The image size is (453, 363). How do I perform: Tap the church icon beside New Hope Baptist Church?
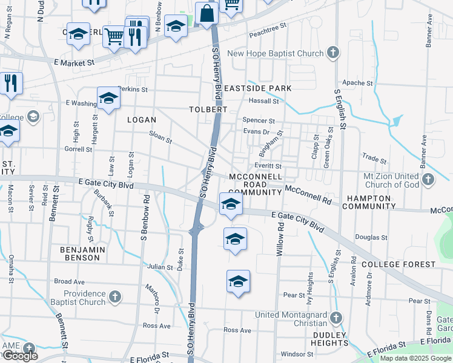click(332, 53)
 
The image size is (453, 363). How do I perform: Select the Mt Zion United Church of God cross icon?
click(429, 179)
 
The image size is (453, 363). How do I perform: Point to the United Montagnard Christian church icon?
click(336, 317)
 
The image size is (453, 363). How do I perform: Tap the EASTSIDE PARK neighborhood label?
click(257, 88)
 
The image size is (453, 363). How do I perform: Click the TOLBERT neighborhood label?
click(208, 110)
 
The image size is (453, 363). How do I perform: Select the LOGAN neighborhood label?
click(142, 120)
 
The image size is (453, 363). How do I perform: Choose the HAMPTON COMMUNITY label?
click(369, 202)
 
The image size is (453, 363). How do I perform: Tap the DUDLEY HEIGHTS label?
click(329, 339)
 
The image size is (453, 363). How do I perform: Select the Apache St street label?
click(357, 83)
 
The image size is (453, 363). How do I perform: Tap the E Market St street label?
click(74, 62)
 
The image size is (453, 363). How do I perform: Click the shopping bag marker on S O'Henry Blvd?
click(207, 13)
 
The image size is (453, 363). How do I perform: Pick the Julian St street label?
click(160, 266)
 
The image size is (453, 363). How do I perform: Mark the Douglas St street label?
click(371, 238)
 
